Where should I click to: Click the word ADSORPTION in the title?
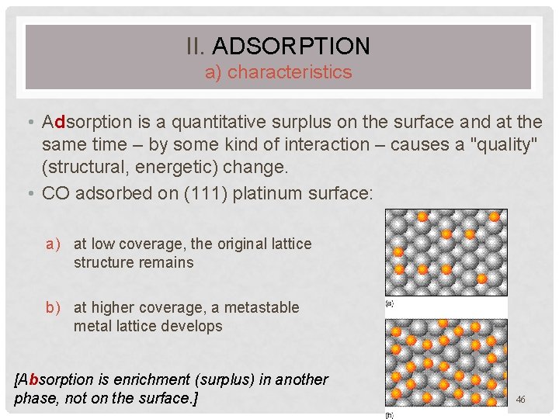(290, 47)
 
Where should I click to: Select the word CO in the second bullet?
(55, 193)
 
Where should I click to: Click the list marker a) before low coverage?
(53, 244)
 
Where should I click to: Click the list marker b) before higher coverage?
(53, 307)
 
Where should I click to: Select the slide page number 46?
(520, 399)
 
